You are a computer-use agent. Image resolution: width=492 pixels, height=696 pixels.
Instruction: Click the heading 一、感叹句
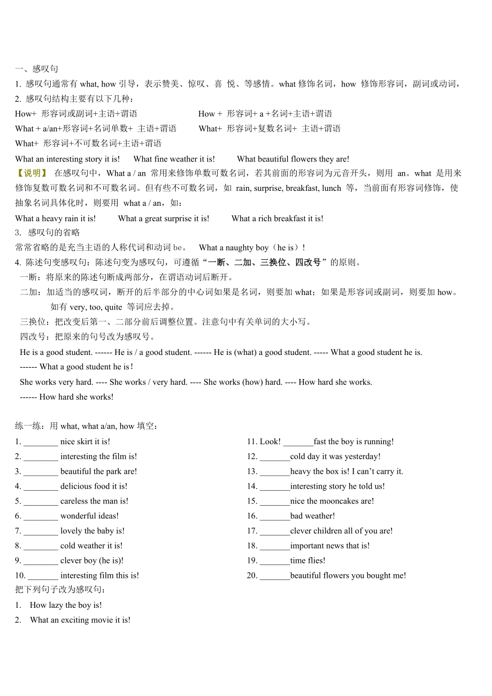pyautogui.click(x=37, y=69)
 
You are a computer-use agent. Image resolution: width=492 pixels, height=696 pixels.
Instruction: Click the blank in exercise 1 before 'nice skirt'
pyautogui.click(x=41, y=442)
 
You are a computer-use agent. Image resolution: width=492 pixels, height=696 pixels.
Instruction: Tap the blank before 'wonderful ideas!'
pyautogui.click(x=41, y=516)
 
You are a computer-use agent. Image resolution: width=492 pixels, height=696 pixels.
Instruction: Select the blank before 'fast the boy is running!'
pyautogui.click(x=298, y=442)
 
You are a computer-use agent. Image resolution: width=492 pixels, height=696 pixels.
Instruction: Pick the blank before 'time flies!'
pyautogui.click(x=275, y=561)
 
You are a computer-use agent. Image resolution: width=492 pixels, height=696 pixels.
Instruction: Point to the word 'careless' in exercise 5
pyautogui.click(x=74, y=501)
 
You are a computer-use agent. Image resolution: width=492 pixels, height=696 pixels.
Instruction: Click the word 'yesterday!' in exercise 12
pyautogui.click(x=363, y=457)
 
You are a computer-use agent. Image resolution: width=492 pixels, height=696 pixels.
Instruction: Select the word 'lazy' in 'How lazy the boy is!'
pyautogui.click(x=55, y=605)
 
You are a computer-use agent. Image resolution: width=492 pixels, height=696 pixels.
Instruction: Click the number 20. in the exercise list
pyautogui.click(x=252, y=576)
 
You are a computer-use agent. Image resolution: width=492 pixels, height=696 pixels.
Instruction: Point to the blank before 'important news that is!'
pyautogui.click(x=275, y=546)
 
